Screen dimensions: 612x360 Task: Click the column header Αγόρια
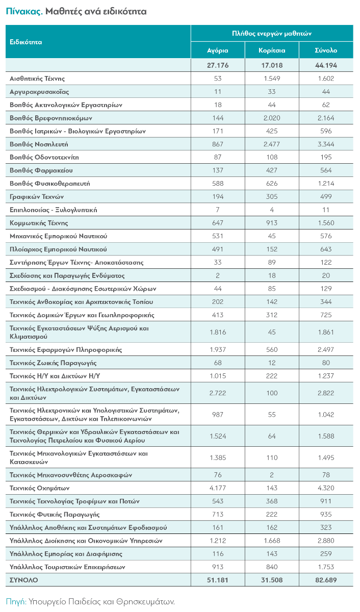(218, 50)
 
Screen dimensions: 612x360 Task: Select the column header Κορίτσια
(272, 50)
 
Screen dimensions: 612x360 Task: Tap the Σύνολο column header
(325, 50)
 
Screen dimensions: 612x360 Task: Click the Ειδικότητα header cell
(26, 42)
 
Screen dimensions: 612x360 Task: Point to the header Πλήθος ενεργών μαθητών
(272, 33)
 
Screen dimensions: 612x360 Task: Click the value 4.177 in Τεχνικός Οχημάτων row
(218, 488)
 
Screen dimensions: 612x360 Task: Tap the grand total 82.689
(325, 580)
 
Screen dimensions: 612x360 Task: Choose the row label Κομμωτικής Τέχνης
(39, 223)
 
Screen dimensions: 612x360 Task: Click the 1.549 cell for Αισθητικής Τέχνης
(272, 79)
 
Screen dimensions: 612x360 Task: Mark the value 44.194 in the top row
(325, 65)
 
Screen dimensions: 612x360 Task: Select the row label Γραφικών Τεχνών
(37, 197)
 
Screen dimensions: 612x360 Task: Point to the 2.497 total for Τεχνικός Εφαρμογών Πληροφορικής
(325, 350)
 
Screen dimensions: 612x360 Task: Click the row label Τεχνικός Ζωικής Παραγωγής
(53, 363)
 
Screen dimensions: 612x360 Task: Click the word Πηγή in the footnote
(16, 602)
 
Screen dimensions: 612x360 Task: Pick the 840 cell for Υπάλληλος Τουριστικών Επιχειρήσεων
(272, 567)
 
